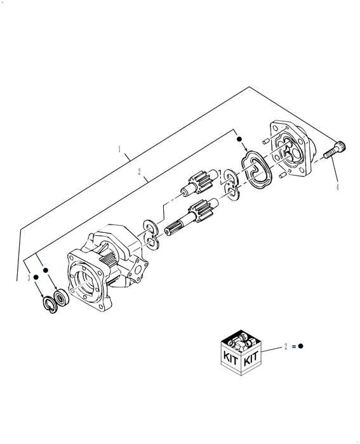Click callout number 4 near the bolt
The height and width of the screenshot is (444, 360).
click(x=337, y=187)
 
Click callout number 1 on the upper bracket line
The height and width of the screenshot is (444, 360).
click(x=119, y=150)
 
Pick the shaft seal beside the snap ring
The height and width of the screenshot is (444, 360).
click(x=62, y=296)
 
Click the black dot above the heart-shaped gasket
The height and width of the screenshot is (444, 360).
click(x=239, y=138)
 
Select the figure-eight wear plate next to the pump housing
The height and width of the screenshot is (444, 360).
click(x=150, y=232)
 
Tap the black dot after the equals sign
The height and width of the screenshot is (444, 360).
click(x=300, y=346)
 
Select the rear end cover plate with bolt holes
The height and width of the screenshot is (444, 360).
click(x=291, y=149)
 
